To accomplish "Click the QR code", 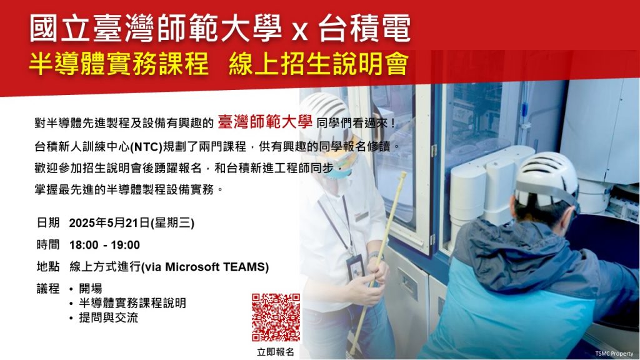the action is [x=276, y=317].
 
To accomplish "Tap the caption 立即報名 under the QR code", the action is [x=276, y=352].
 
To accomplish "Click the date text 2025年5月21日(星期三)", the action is [x=131, y=223].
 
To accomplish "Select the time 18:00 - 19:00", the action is [x=104, y=245].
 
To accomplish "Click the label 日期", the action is [x=48, y=223].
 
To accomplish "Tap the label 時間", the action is [x=48, y=245].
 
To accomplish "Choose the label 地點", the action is [x=48, y=267].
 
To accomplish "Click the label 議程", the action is [x=48, y=289].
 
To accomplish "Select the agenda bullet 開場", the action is [x=91, y=289].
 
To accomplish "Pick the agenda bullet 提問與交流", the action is [x=109, y=317].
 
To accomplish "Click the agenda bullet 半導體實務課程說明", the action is [x=132, y=303].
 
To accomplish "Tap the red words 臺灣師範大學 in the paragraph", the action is [x=265, y=122].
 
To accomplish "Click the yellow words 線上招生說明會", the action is [x=319, y=64].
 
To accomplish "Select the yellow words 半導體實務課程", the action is [x=119, y=64].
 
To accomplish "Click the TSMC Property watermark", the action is [x=614, y=354].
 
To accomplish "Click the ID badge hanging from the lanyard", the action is [x=355, y=267].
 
